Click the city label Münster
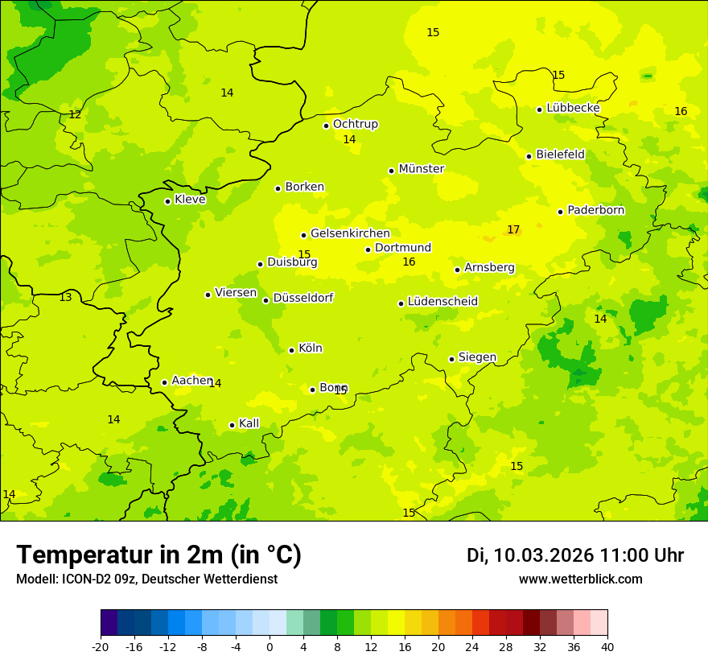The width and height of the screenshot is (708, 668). coord(422,169)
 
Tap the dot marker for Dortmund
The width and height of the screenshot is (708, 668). coord(368,249)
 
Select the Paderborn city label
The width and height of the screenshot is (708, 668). coord(596,210)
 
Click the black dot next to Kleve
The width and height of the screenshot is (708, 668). coord(167,201)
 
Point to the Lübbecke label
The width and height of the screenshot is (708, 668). coord(573,108)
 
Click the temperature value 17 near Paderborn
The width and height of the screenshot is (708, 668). coord(513,230)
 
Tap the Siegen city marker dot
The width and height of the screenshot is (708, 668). coord(452,359)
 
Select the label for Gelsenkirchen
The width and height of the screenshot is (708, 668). coord(350,233)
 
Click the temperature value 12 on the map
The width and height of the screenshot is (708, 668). coord(75,115)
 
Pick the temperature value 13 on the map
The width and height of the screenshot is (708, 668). coord(65,298)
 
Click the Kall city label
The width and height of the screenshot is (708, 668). coord(249,423)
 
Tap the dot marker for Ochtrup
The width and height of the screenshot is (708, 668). coord(327,126)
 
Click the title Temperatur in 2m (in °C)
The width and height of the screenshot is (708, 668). coord(159,555)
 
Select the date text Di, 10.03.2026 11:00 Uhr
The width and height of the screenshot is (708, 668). coord(575,556)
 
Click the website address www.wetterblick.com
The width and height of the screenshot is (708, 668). coord(580,579)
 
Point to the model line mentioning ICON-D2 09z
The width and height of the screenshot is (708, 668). coord(146,579)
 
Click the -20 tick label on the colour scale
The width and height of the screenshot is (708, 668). coord(101,647)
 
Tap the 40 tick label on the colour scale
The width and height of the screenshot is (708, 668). coord(607,647)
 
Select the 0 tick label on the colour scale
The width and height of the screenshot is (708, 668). coord(270,647)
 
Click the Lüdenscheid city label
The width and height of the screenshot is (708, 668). coord(442,302)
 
